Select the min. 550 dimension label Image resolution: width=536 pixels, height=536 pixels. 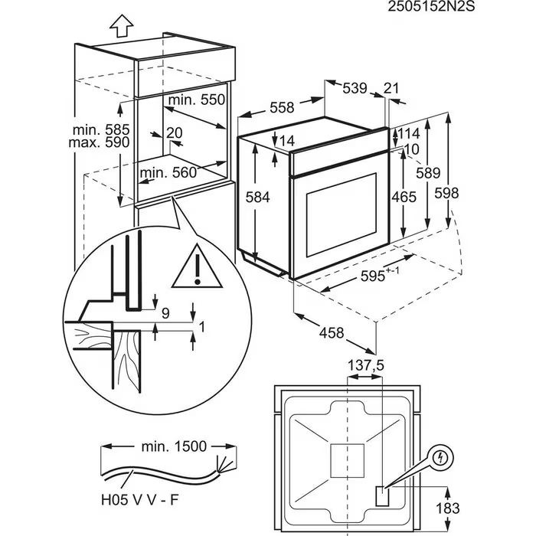point(198,100)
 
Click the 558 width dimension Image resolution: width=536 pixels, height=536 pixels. point(283,108)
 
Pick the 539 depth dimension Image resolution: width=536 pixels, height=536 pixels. point(355,89)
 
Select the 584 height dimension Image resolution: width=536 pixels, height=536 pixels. point(258,197)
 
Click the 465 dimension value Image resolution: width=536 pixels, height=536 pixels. point(404,197)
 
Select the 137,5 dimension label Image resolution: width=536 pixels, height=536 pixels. point(365,367)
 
